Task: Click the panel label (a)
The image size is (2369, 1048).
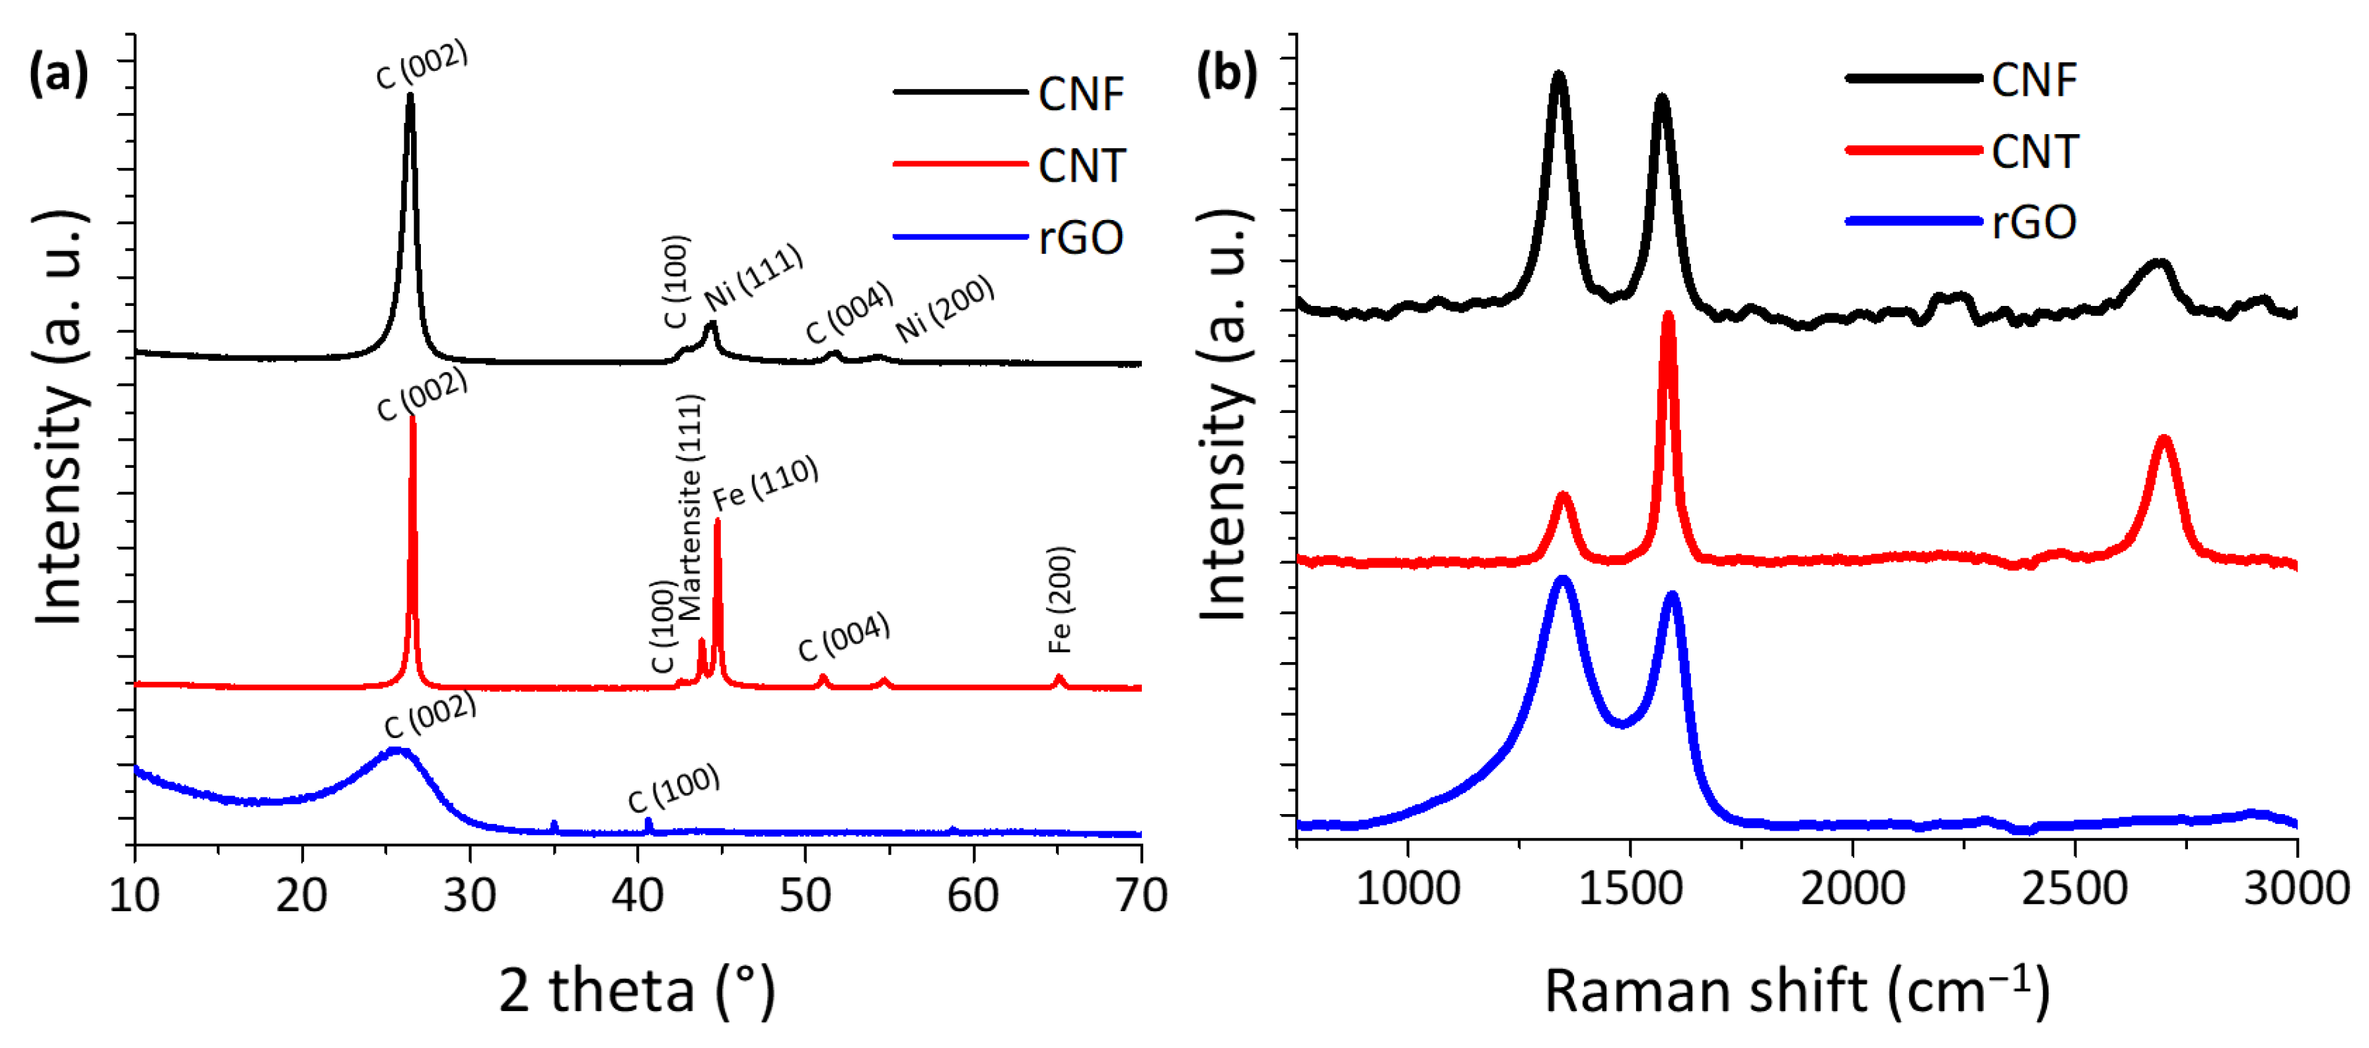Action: click(59, 73)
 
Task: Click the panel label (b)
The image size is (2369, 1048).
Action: click(1226, 73)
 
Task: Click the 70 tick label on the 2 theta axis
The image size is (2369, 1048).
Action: click(1141, 895)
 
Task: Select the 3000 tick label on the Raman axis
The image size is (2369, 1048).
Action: click(2296, 889)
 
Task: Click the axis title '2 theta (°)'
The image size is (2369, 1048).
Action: click(637, 991)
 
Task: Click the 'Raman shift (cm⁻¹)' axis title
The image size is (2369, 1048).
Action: click(1796, 991)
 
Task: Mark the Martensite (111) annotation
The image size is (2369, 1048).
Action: click(690, 507)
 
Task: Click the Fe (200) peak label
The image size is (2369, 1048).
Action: click(1061, 599)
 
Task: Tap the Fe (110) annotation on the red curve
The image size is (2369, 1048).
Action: click(765, 482)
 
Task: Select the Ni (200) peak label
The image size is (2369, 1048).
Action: click(944, 308)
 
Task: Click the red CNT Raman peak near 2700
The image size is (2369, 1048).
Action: click(2164, 440)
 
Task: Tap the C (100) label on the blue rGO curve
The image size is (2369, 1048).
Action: click(673, 789)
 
